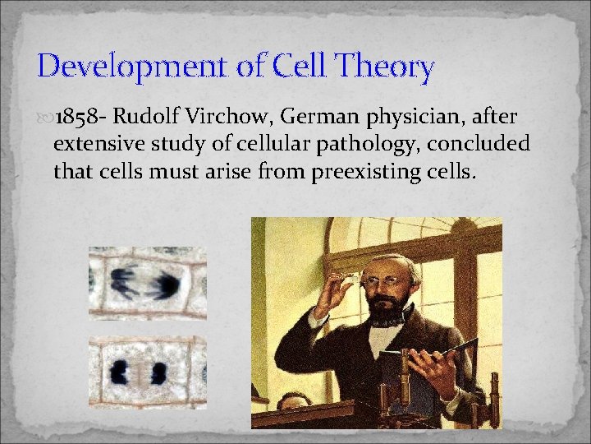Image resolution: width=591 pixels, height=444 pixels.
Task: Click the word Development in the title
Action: point(129,67)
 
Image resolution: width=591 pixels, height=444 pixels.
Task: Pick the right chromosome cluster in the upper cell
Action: point(165,284)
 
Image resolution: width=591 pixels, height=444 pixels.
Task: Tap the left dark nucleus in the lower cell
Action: point(120,371)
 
